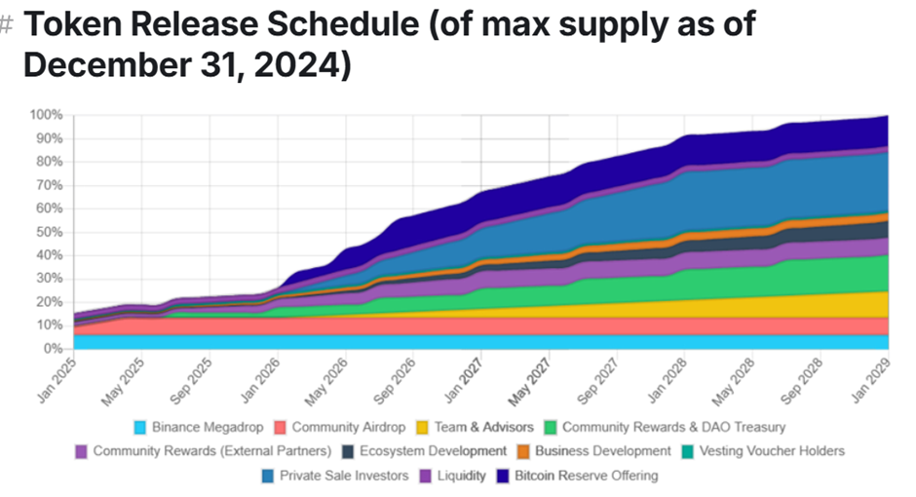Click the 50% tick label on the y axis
(51, 232)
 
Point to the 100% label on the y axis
(48, 115)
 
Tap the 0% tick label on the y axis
(55, 349)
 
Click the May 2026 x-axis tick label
(326, 378)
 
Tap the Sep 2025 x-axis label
(192, 378)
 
